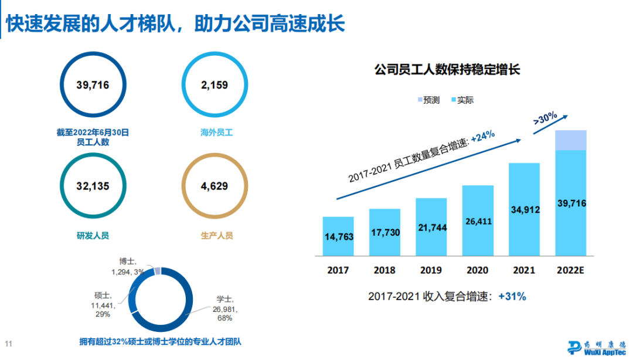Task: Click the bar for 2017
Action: click(x=338, y=236)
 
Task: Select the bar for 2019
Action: click(x=431, y=227)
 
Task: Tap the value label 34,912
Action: click(x=524, y=209)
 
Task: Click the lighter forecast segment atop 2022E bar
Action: click(x=571, y=140)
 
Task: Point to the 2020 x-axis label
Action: click(x=477, y=270)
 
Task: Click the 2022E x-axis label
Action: click(x=571, y=270)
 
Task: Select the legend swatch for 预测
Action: click(x=421, y=100)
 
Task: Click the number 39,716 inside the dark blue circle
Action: click(x=93, y=86)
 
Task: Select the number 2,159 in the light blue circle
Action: click(x=214, y=86)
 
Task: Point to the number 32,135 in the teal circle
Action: click(x=93, y=186)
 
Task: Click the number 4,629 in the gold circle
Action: click(x=214, y=186)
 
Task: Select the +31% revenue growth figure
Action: click(x=512, y=297)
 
